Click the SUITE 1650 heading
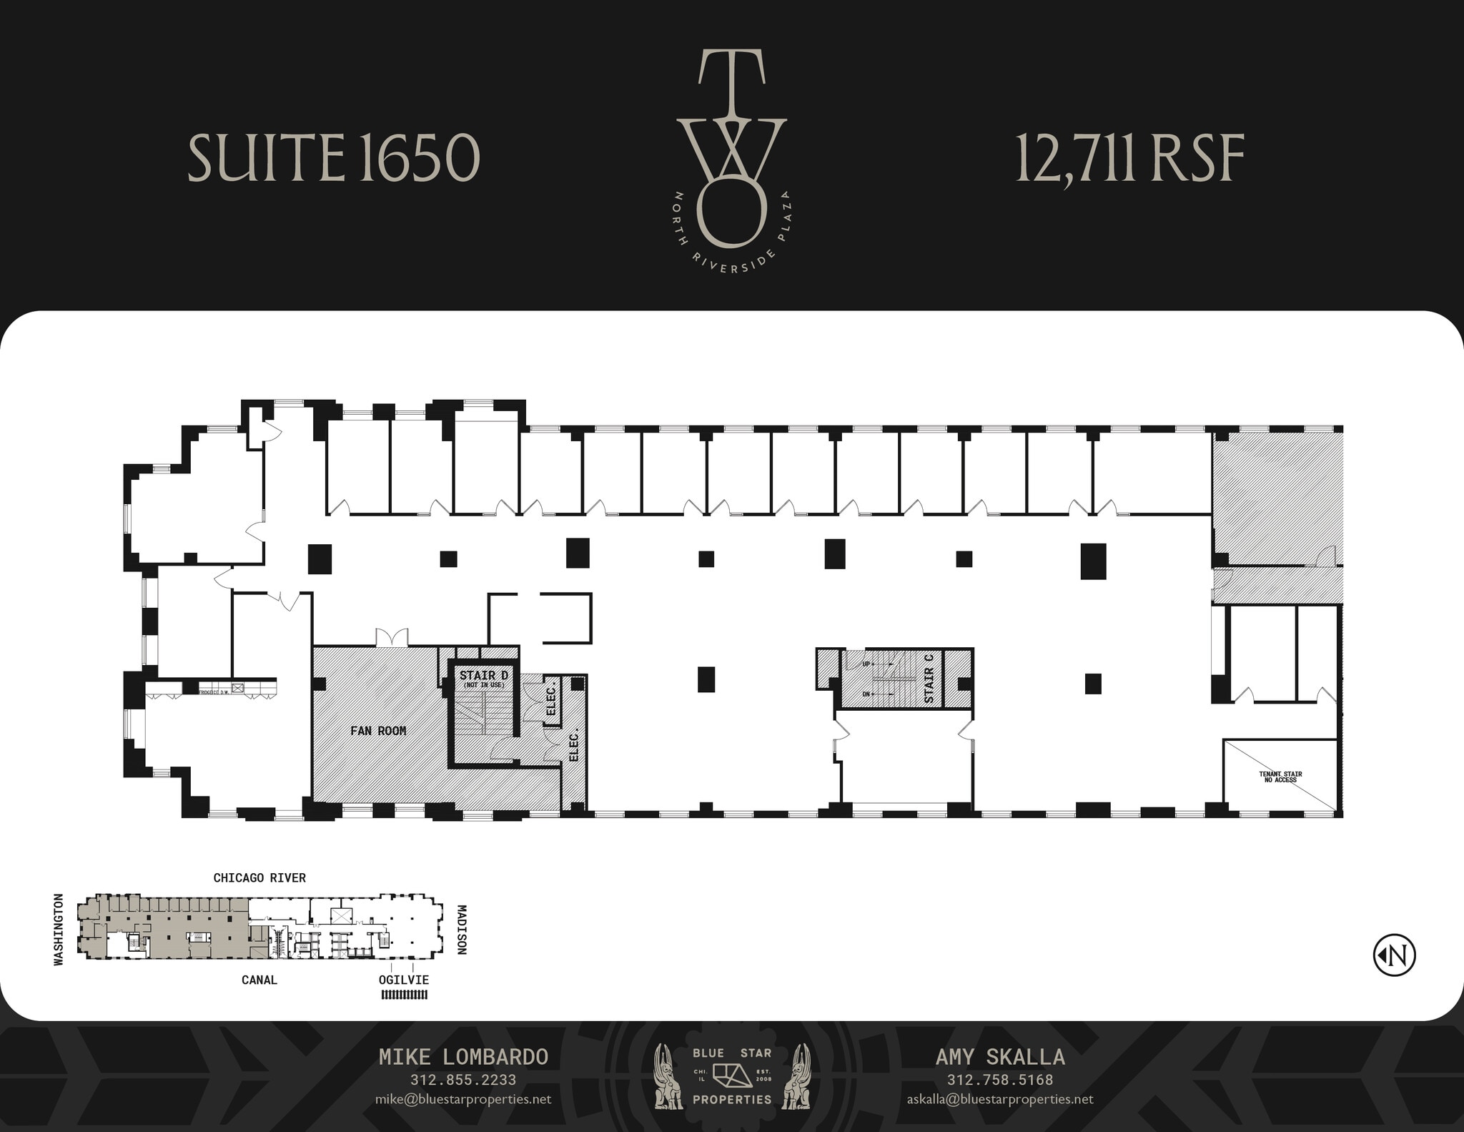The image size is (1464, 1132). coord(333,158)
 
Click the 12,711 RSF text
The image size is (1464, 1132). coord(1129,158)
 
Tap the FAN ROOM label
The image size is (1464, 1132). coord(378,731)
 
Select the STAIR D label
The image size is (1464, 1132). coord(483,676)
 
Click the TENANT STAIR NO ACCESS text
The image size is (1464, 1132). coord(1280,777)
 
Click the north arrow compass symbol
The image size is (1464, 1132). coord(1394,955)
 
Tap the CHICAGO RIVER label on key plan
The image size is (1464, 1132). coord(259,877)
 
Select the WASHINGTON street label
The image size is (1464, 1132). coord(59,930)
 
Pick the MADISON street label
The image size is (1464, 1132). coord(462,930)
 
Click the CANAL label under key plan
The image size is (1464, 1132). coord(259,980)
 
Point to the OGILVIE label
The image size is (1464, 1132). coord(404,980)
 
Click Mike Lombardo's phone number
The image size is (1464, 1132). coord(463,1080)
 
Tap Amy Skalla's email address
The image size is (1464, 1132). coord(1000,1099)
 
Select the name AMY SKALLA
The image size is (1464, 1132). coord(1000,1057)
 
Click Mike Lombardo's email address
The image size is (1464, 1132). coord(463,1099)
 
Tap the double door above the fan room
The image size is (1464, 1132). coord(392,638)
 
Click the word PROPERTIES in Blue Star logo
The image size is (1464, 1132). coord(732,1099)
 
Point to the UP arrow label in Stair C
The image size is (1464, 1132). coord(866,664)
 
